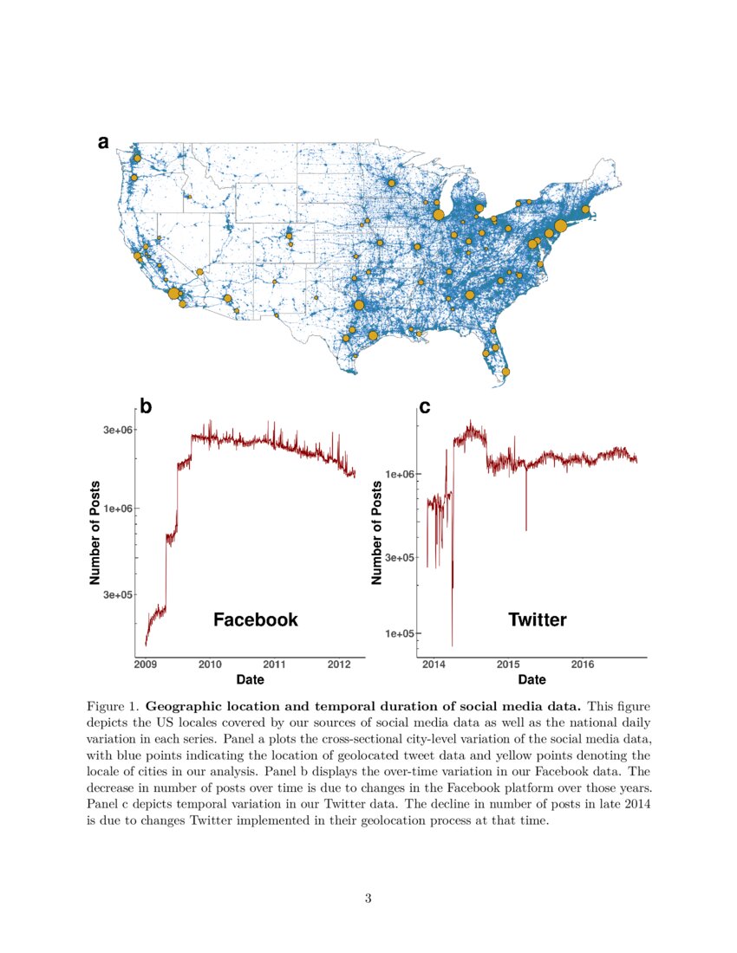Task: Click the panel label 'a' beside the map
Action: pos(103,143)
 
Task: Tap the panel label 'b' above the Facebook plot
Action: pos(146,406)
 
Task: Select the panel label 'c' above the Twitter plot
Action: pos(425,406)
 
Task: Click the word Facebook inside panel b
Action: pos(256,619)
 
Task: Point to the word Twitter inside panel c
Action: pos(538,619)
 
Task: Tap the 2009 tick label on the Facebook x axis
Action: pos(146,665)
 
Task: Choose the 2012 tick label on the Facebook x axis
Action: pos(339,665)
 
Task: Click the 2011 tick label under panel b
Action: pos(274,665)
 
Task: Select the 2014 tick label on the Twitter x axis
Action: pos(433,665)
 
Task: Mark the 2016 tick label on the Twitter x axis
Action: pos(583,665)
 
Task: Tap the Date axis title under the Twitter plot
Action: pos(532,680)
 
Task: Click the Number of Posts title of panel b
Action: pos(95,532)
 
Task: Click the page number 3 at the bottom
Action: pos(368,898)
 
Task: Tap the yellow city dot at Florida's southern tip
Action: pos(506,372)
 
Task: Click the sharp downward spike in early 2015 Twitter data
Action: pos(526,520)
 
